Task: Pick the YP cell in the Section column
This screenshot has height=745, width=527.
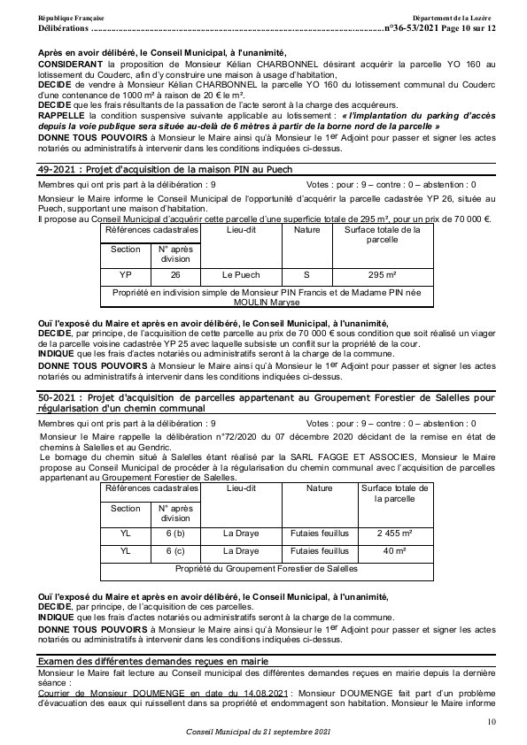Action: (126, 274)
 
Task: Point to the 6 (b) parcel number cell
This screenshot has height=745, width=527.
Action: (175, 533)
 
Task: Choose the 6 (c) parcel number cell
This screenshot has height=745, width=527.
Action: (175, 551)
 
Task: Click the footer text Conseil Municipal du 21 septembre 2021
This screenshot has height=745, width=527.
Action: (258, 733)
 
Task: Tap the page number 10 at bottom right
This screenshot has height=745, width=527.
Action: (492, 723)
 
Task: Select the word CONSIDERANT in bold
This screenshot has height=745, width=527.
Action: (70, 65)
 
